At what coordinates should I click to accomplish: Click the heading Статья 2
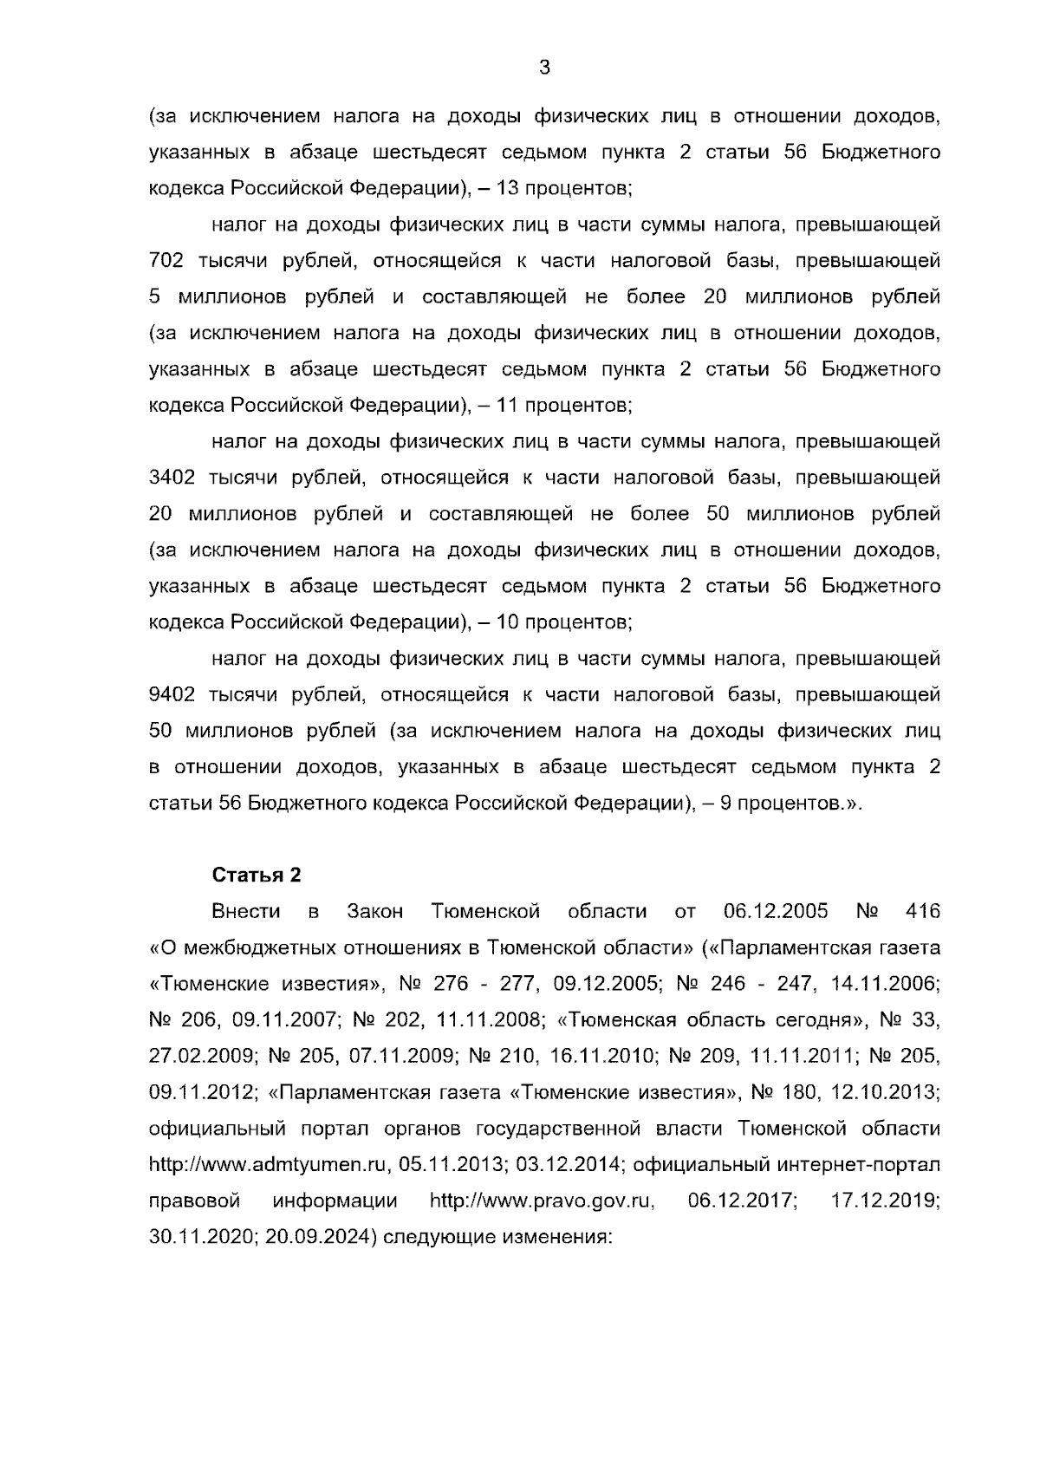257,875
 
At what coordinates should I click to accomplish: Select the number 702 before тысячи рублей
166,261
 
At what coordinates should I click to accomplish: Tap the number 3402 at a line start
172,478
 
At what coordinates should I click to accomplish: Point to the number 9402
172,695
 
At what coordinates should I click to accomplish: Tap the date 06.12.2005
775,912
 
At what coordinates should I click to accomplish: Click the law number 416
922,912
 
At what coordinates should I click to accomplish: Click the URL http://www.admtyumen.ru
269,1166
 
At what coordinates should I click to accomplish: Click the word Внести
247,912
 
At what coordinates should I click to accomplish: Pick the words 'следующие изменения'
497,1238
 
